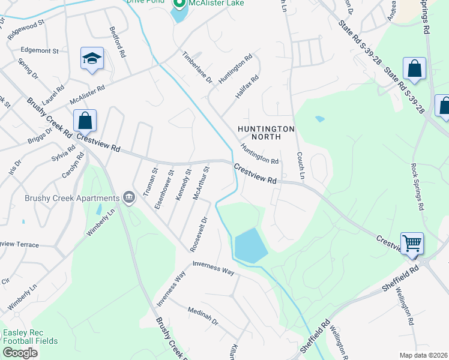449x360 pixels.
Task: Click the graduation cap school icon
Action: point(92,59)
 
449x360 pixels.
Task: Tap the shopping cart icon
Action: point(412,243)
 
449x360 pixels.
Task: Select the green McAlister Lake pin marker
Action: point(178,4)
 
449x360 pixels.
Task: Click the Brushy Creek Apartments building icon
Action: point(128,198)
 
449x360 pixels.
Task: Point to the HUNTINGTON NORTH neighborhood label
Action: point(266,133)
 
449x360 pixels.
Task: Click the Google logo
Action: point(20,353)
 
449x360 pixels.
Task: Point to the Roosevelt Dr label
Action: point(198,233)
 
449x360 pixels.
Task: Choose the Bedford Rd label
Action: point(117,41)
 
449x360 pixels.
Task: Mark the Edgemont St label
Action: point(40,51)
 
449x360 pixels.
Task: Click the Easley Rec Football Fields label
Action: point(30,337)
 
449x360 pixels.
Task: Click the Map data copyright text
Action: point(424,355)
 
